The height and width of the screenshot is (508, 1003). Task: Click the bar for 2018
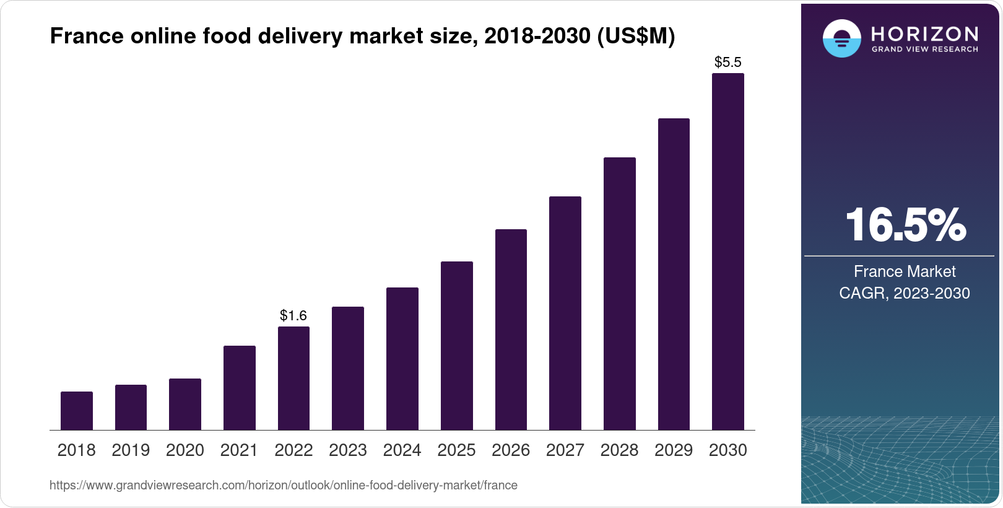pos(77,411)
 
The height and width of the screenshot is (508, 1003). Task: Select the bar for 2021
pos(240,388)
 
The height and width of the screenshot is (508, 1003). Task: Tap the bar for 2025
pos(457,346)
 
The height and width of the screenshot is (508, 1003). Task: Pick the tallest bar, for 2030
pos(728,252)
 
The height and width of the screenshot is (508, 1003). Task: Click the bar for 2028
pos(620,294)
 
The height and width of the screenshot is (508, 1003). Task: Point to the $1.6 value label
pos(293,316)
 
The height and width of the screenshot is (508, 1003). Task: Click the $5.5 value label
pos(728,62)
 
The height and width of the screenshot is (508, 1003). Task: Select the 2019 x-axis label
pos(131,450)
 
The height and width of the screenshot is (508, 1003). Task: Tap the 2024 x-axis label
pos(402,450)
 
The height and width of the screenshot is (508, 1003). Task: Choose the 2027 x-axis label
pos(565,450)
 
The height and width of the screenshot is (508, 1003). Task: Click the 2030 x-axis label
pos(728,450)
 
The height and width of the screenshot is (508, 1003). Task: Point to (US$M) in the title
pos(636,37)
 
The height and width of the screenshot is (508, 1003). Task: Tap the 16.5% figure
pos(905,225)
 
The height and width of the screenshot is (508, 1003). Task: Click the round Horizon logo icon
pos(841,38)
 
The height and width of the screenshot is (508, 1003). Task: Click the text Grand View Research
pos(925,49)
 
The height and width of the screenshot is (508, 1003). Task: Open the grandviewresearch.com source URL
pos(284,485)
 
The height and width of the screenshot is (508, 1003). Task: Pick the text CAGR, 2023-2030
pos(905,293)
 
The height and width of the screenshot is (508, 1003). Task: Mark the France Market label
pos(905,271)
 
